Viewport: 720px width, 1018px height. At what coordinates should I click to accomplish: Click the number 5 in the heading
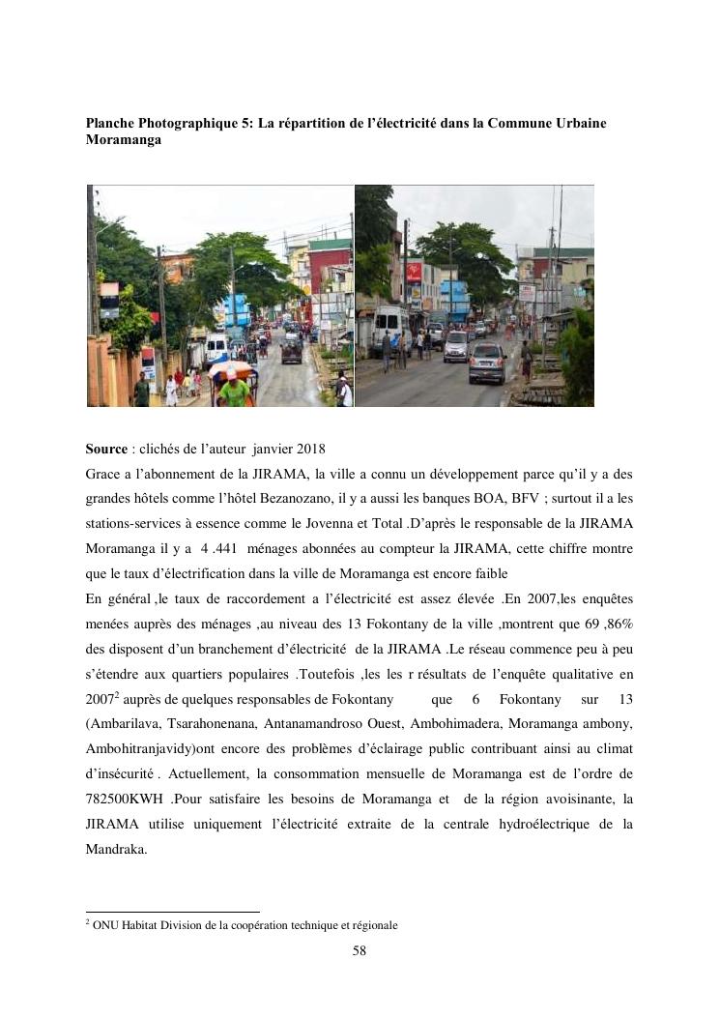pyautogui.click(x=247, y=124)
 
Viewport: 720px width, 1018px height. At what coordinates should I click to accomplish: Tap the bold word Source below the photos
pyautogui.click(x=106, y=449)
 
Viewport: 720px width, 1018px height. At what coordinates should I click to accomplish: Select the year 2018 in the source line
pyautogui.click(x=309, y=449)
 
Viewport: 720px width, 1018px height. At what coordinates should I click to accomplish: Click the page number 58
pyautogui.click(x=360, y=950)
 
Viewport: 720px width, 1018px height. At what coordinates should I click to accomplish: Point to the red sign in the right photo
pyautogui.click(x=415, y=272)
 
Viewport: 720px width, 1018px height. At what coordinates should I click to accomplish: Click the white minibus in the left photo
pyautogui.click(x=216, y=347)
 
